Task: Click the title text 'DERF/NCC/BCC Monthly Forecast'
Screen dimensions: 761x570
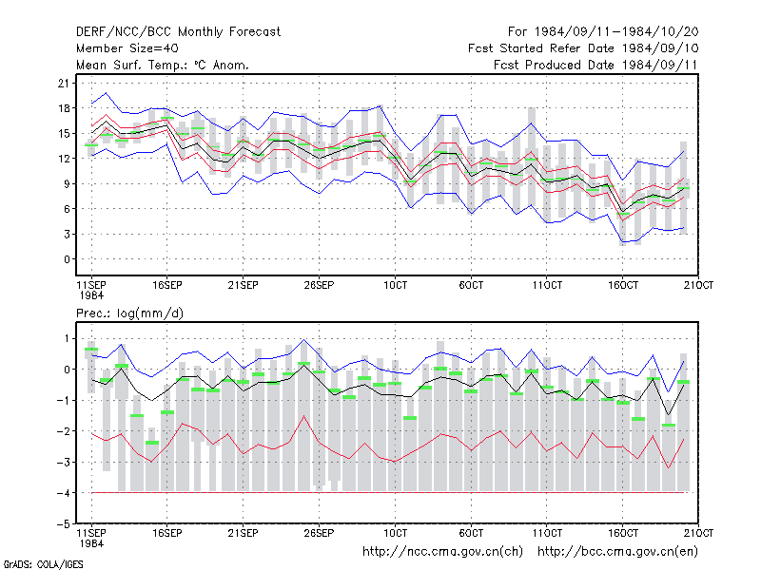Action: click(178, 32)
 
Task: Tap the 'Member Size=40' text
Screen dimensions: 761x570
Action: click(127, 48)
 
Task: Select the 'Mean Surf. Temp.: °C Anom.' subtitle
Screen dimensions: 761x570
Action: click(163, 65)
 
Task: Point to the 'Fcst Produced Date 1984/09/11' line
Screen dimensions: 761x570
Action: click(595, 65)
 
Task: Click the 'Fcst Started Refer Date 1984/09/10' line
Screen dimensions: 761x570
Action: click(583, 48)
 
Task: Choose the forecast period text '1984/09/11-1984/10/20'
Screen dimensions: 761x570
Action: click(616, 32)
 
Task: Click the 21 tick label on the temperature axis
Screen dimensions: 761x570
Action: click(64, 84)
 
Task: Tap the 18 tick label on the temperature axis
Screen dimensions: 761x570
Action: click(64, 108)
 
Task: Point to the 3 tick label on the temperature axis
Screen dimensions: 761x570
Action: click(67, 234)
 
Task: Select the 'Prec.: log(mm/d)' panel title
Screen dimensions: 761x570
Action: click(129, 313)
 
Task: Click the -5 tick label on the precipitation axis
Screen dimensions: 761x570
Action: click(64, 524)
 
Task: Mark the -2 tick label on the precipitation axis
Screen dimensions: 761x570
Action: click(64, 431)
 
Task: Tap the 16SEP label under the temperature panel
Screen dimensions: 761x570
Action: click(167, 285)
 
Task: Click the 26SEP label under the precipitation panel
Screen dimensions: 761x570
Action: click(319, 533)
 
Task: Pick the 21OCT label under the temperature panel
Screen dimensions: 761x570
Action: click(698, 285)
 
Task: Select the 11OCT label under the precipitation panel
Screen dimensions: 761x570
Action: click(547, 533)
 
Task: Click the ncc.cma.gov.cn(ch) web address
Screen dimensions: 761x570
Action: click(442, 552)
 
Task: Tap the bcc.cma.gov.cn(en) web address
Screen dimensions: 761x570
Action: click(617, 552)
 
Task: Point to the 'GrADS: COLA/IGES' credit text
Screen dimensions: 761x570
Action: click(43, 564)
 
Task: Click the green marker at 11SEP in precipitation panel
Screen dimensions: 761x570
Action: click(91, 350)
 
